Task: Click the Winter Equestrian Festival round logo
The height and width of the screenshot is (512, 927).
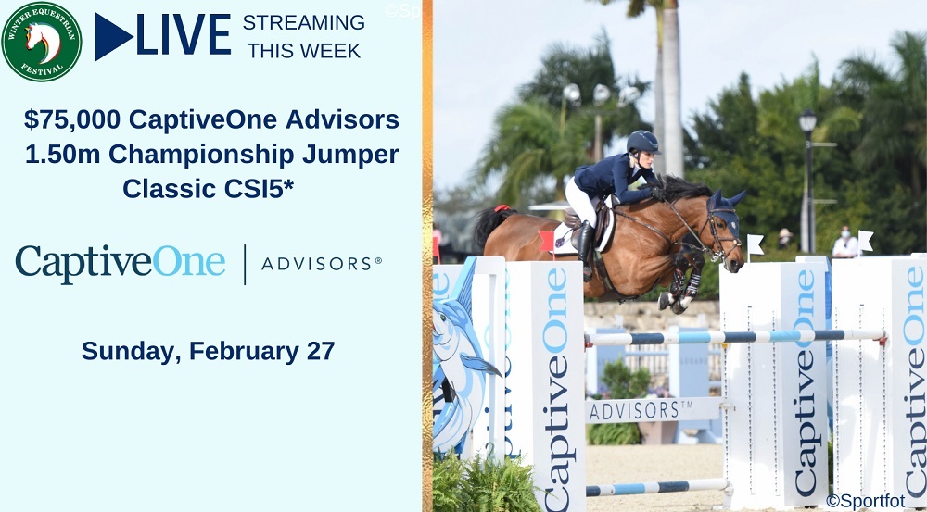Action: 42,42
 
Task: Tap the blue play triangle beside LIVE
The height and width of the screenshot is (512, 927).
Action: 113,37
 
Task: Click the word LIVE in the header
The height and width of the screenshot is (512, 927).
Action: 184,35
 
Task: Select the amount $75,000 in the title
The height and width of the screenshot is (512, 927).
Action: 72,119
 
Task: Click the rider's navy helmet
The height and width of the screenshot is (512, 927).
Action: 642,143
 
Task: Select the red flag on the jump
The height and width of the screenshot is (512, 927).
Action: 546,241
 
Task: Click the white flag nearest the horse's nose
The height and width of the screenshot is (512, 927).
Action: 756,244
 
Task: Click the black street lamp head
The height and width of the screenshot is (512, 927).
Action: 807,121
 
